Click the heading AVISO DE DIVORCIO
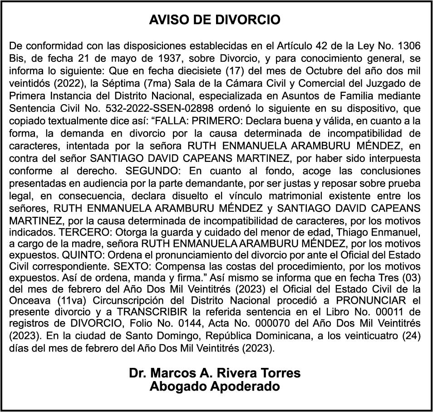(x=215, y=20)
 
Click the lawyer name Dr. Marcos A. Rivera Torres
(x=215, y=373)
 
